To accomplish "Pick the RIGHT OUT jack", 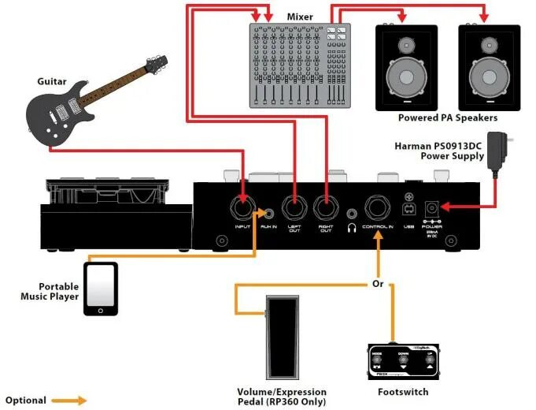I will pos(324,209).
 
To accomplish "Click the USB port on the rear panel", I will pos(408,210).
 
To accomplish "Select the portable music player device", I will pos(101,289).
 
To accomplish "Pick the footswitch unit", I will pos(401,360).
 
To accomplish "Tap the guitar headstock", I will pos(158,64).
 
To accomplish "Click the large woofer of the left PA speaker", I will pos(406,80).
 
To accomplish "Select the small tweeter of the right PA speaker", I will pos(487,44).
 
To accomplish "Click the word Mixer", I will pos(299,16).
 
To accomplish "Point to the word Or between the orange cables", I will pos(378,283).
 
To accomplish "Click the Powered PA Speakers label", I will pos(448,118).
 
